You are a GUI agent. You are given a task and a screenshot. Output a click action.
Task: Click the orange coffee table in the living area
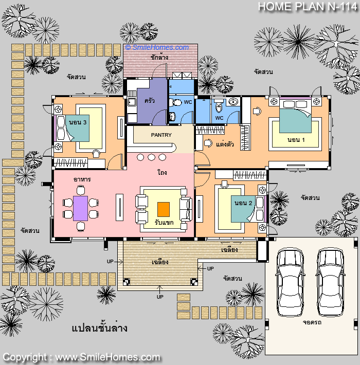tap(164, 209)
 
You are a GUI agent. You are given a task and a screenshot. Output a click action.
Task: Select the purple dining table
tap(80, 208)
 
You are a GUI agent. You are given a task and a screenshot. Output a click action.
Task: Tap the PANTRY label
tap(161, 135)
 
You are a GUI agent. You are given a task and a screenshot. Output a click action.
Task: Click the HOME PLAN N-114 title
tap(308, 7)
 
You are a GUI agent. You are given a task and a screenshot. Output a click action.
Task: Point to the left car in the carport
tap(290, 282)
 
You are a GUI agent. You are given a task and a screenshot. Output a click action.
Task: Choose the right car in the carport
tap(331, 282)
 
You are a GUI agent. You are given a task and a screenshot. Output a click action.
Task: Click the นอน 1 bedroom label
tap(296, 140)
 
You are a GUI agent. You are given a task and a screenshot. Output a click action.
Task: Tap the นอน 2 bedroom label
tap(243, 203)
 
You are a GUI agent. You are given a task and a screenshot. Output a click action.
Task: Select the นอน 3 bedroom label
tap(78, 122)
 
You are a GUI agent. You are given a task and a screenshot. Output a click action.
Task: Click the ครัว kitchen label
tap(149, 101)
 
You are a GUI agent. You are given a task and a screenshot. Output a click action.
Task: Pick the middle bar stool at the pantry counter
tap(151, 157)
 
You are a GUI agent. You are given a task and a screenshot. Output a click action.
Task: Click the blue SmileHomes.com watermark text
tap(157, 47)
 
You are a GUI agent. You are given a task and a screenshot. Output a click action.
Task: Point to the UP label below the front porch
tap(160, 297)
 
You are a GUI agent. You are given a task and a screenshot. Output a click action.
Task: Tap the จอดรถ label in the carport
tap(312, 322)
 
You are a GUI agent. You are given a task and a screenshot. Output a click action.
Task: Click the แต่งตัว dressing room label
tap(225, 144)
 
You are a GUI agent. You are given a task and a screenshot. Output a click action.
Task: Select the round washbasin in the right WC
tap(233, 102)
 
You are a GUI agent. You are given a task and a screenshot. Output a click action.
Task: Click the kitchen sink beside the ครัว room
tap(132, 102)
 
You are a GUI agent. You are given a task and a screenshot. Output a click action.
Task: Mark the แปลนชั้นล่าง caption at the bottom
tap(99, 328)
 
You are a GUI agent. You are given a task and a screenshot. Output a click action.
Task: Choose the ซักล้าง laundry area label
tap(159, 57)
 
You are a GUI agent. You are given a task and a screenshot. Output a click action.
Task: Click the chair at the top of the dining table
tap(81, 190)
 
